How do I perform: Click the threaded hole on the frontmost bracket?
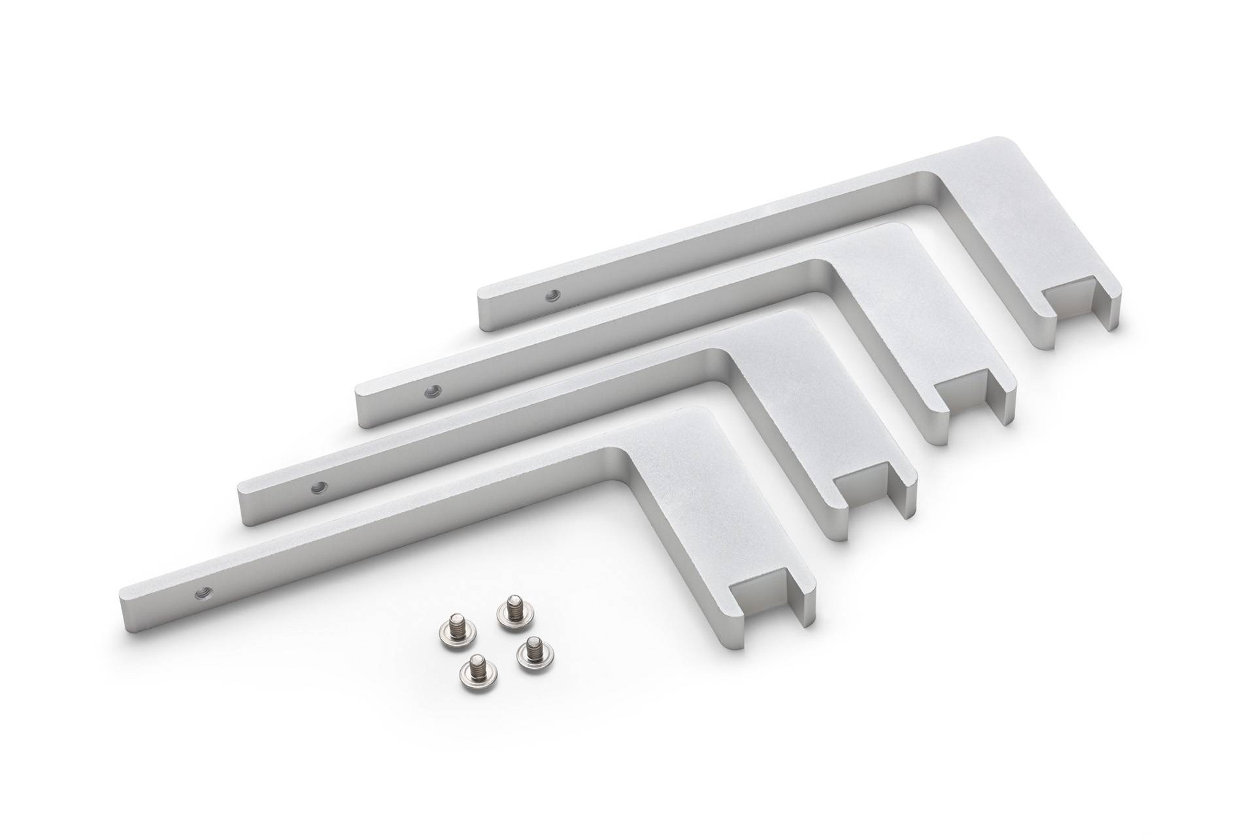pyautogui.click(x=198, y=592)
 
